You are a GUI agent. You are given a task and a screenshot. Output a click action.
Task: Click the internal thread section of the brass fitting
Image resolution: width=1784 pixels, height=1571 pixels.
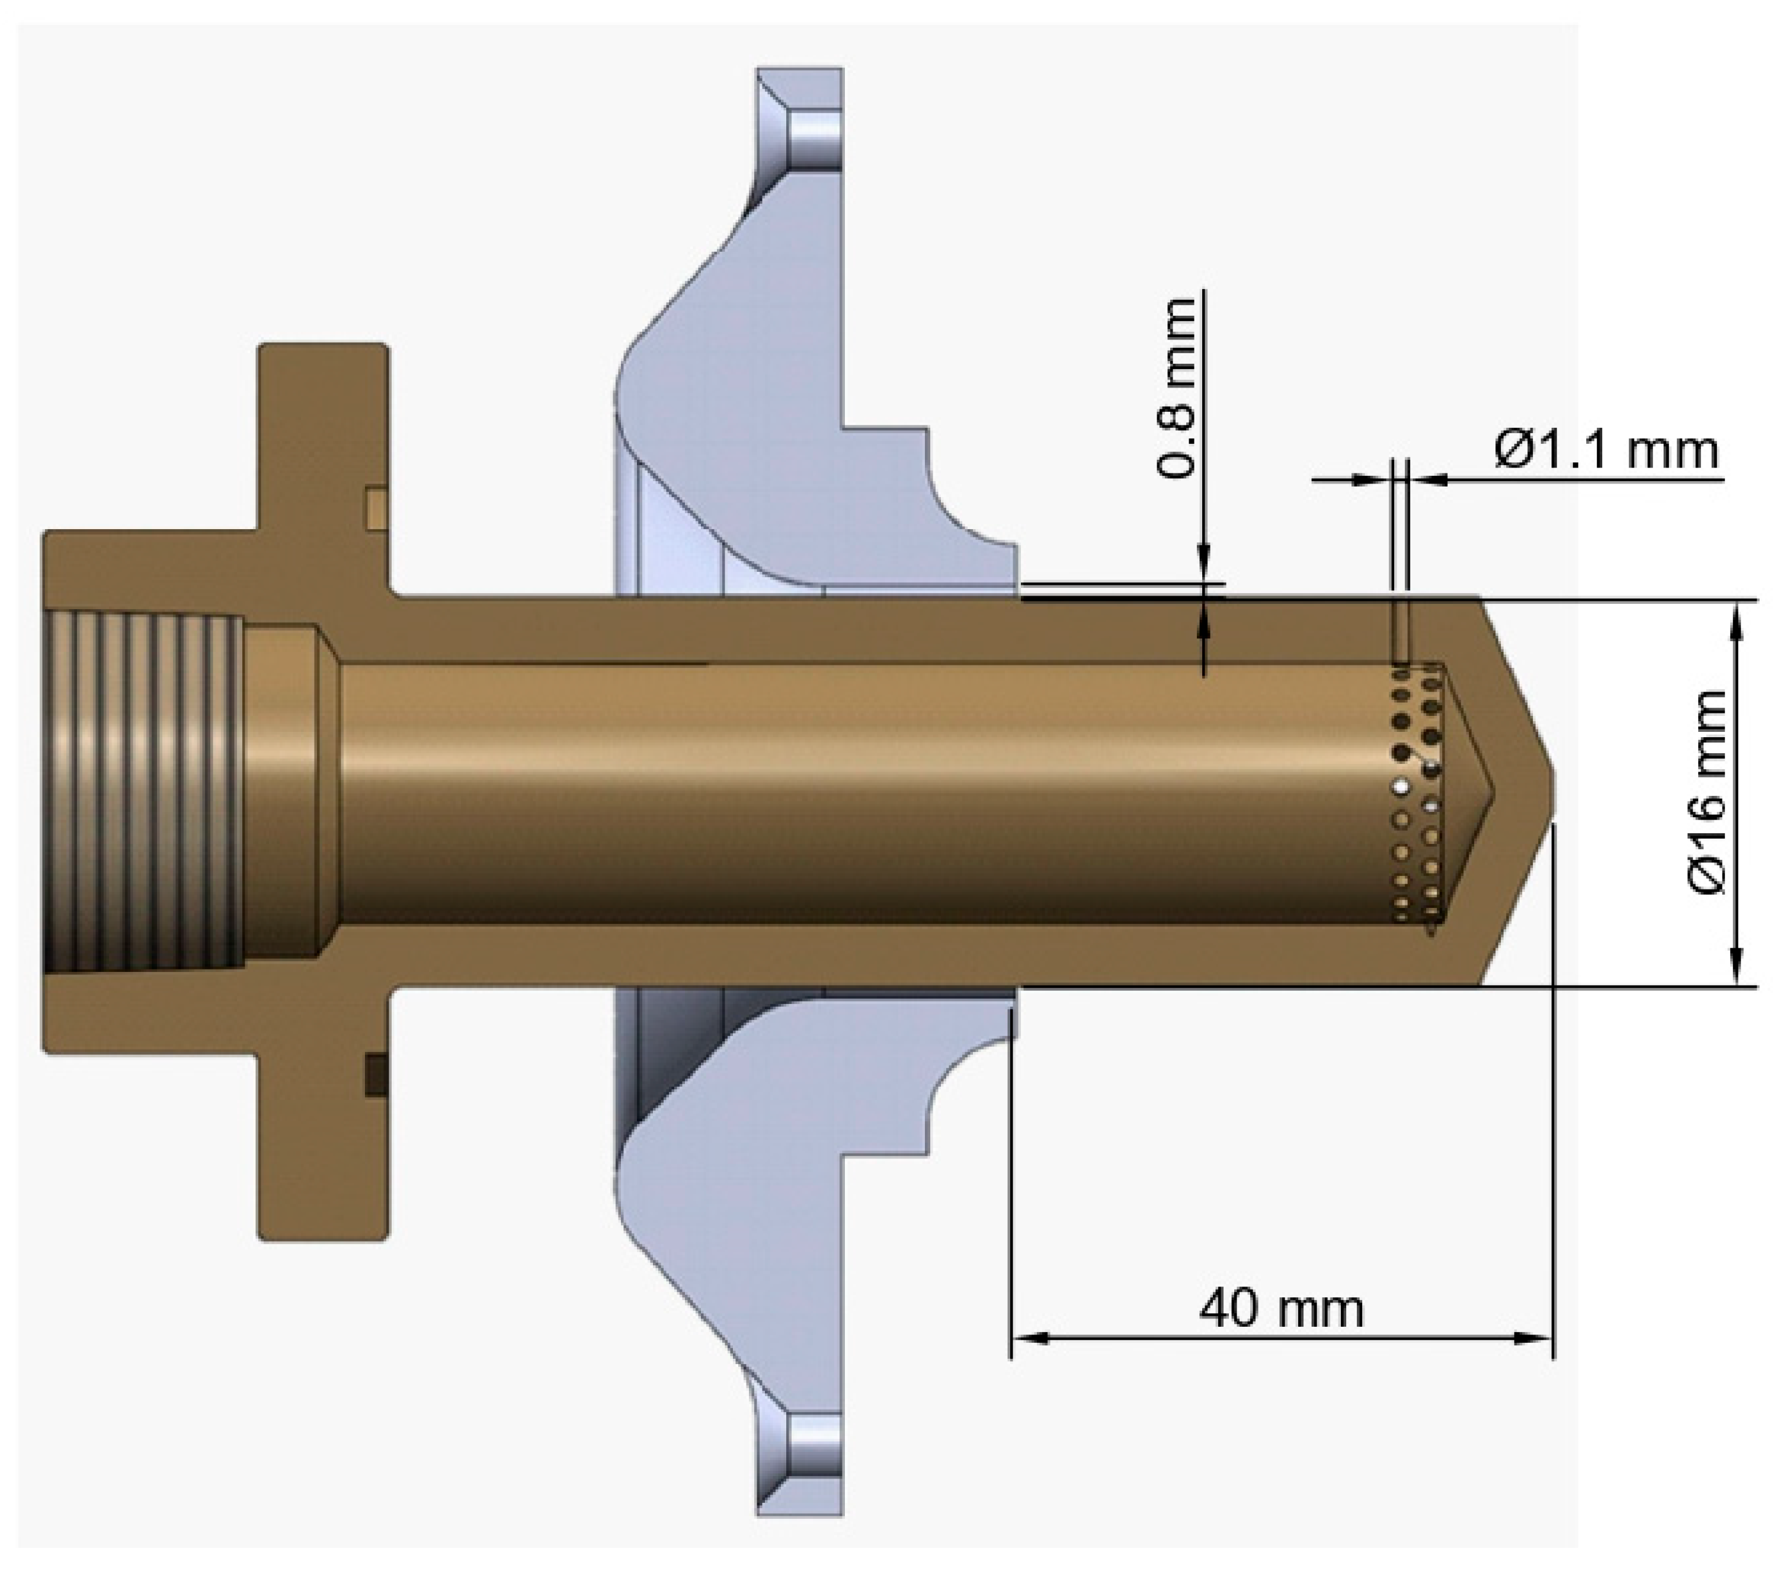tap(144, 792)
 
